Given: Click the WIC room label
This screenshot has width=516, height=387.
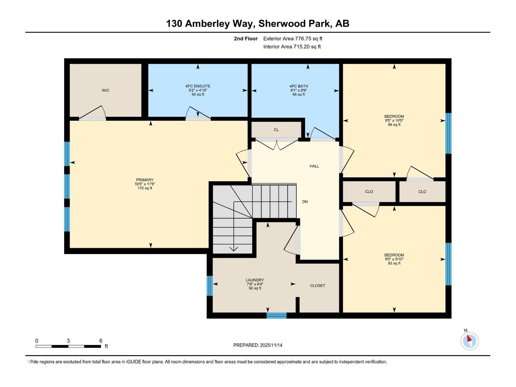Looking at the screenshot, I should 105,90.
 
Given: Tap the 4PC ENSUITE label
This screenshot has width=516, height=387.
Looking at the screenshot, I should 198,86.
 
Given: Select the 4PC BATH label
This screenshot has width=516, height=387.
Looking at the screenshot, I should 299,86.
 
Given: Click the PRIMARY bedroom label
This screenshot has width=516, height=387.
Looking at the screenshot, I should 145,180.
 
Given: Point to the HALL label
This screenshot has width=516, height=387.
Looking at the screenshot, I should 314,166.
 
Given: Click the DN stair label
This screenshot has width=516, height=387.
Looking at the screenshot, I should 305,202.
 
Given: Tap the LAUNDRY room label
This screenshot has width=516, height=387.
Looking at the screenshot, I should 255,280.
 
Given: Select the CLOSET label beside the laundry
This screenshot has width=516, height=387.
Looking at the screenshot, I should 318,285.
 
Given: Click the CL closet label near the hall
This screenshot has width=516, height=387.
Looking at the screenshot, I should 276,130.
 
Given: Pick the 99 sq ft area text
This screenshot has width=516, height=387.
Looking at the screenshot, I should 394,125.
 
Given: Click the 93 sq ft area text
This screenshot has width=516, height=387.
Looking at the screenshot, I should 394,263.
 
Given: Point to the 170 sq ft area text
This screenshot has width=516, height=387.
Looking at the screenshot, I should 145,188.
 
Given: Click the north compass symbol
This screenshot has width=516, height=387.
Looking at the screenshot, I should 469,341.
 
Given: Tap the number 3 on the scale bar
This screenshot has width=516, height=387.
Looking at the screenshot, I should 68,341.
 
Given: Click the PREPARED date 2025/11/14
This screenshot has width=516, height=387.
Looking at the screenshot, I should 271,345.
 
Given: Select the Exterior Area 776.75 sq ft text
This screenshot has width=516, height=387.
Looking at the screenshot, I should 293,39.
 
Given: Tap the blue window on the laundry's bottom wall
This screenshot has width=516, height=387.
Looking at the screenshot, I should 276,315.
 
